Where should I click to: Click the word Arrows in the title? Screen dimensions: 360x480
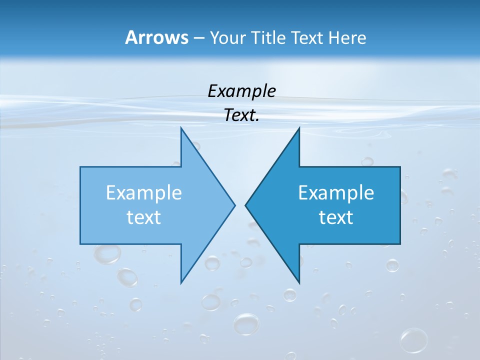[x=156, y=37]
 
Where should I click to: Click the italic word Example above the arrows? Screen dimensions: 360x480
[x=241, y=91]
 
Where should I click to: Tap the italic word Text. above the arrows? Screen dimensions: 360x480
[x=241, y=115]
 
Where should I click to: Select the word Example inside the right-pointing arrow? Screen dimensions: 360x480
[x=144, y=193]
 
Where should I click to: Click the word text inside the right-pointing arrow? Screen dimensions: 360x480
[x=144, y=217]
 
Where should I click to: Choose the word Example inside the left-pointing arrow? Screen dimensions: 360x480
[x=336, y=193]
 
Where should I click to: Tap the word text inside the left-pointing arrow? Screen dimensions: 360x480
[x=336, y=217]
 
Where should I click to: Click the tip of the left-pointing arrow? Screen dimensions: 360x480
[x=246, y=205]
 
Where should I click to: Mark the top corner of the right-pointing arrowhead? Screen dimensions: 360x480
[x=181, y=128]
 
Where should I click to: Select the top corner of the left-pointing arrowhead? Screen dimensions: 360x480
[x=298, y=128]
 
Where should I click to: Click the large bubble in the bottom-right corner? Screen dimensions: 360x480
[x=413, y=340]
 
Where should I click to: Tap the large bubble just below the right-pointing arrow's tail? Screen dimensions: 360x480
[x=107, y=253]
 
